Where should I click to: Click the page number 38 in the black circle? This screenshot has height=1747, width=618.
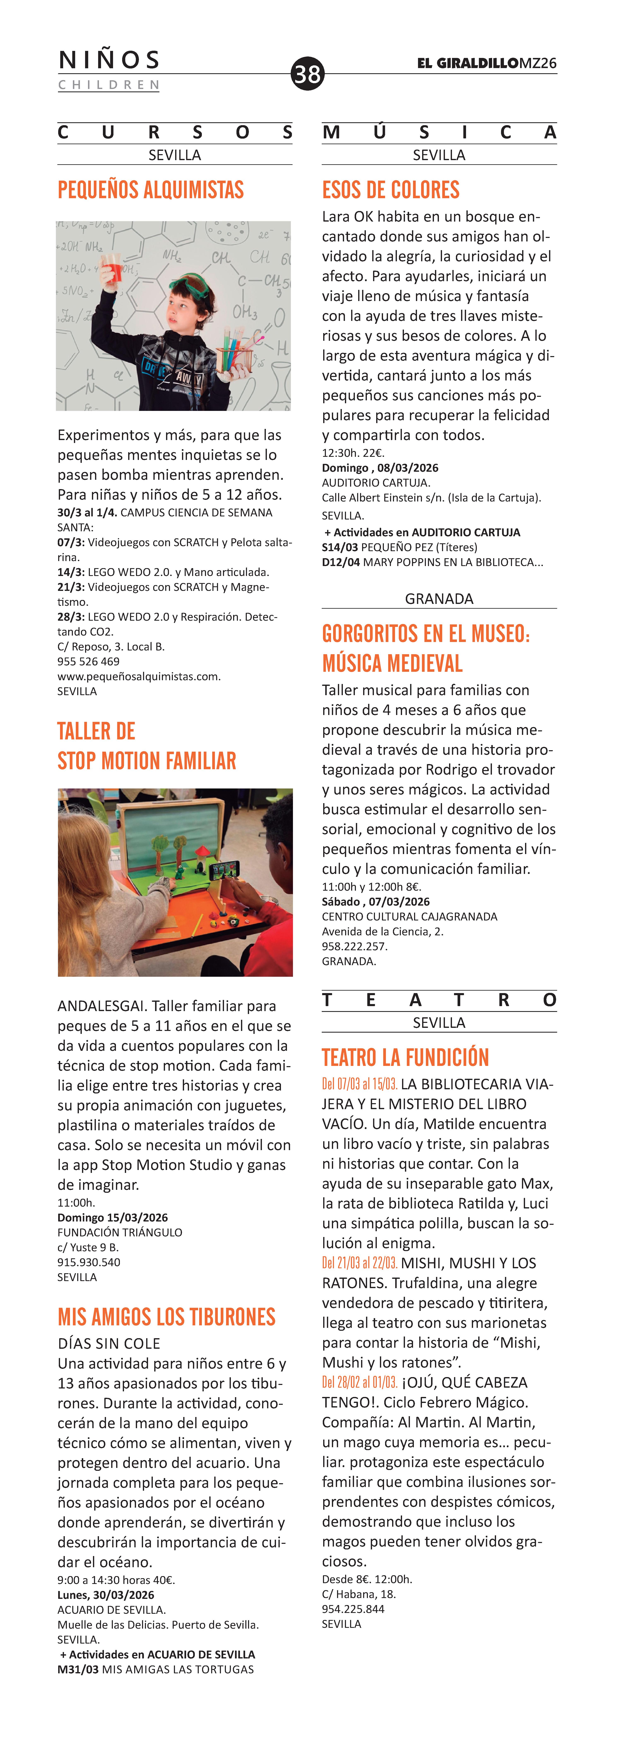coord(307,73)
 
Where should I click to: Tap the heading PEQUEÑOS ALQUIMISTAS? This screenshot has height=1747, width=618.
coord(151,190)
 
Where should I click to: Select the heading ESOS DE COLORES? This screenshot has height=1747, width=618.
coord(391,190)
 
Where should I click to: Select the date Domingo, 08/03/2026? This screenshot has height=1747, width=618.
coord(380,468)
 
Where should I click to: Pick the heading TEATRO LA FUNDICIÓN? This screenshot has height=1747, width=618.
coord(405,1057)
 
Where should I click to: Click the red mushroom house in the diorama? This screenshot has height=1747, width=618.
coord(201,852)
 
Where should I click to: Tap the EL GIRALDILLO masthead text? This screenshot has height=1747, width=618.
coord(468,63)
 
